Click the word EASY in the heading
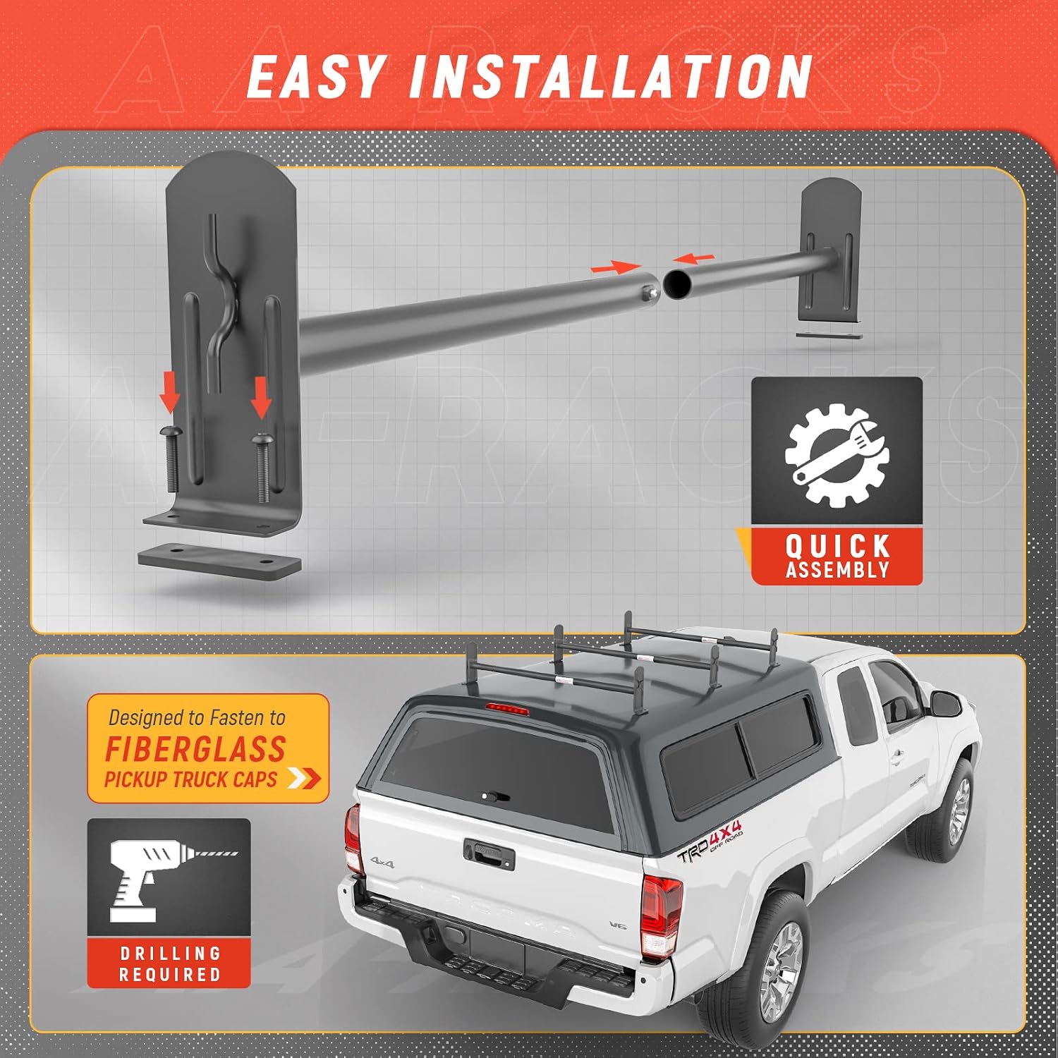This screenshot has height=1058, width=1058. pyautogui.click(x=316, y=77)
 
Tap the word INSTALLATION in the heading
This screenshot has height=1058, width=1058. pyautogui.click(x=611, y=77)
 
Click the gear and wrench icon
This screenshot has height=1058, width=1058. pyautogui.click(x=837, y=455)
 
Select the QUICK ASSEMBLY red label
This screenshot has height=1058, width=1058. pyautogui.click(x=837, y=557)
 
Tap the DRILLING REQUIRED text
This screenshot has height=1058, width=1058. pyautogui.click(x=169, y=964)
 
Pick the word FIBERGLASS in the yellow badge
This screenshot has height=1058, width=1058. pyautogui.click(x=195, y=748)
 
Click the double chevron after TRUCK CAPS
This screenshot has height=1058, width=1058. pyautogui.click(x=304, y=779)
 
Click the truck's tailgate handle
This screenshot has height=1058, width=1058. pyautogui.click(x=489, y=852)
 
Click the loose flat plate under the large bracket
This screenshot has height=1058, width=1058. pyautogui.click(x=219, y=560)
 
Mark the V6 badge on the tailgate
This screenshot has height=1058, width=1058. pyautogui.click(x=618, y=925)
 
